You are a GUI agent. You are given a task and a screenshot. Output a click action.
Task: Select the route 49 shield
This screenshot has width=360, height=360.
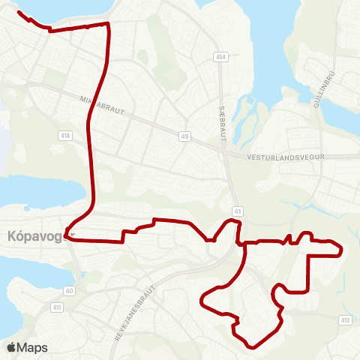184,136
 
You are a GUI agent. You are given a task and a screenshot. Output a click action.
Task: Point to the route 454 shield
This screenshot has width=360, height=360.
220,57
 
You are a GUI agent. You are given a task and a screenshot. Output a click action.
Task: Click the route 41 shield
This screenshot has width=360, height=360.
237,212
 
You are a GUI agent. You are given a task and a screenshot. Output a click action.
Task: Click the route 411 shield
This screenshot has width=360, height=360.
56,307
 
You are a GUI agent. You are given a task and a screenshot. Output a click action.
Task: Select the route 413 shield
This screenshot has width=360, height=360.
345,321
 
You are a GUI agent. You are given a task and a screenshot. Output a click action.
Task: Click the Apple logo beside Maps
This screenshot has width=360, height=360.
11,347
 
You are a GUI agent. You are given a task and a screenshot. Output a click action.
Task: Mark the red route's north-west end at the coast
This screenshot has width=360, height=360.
18,13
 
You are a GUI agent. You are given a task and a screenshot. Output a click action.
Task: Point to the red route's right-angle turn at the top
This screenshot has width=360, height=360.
109,24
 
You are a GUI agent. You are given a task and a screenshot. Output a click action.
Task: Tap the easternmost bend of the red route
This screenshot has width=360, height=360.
342,250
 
